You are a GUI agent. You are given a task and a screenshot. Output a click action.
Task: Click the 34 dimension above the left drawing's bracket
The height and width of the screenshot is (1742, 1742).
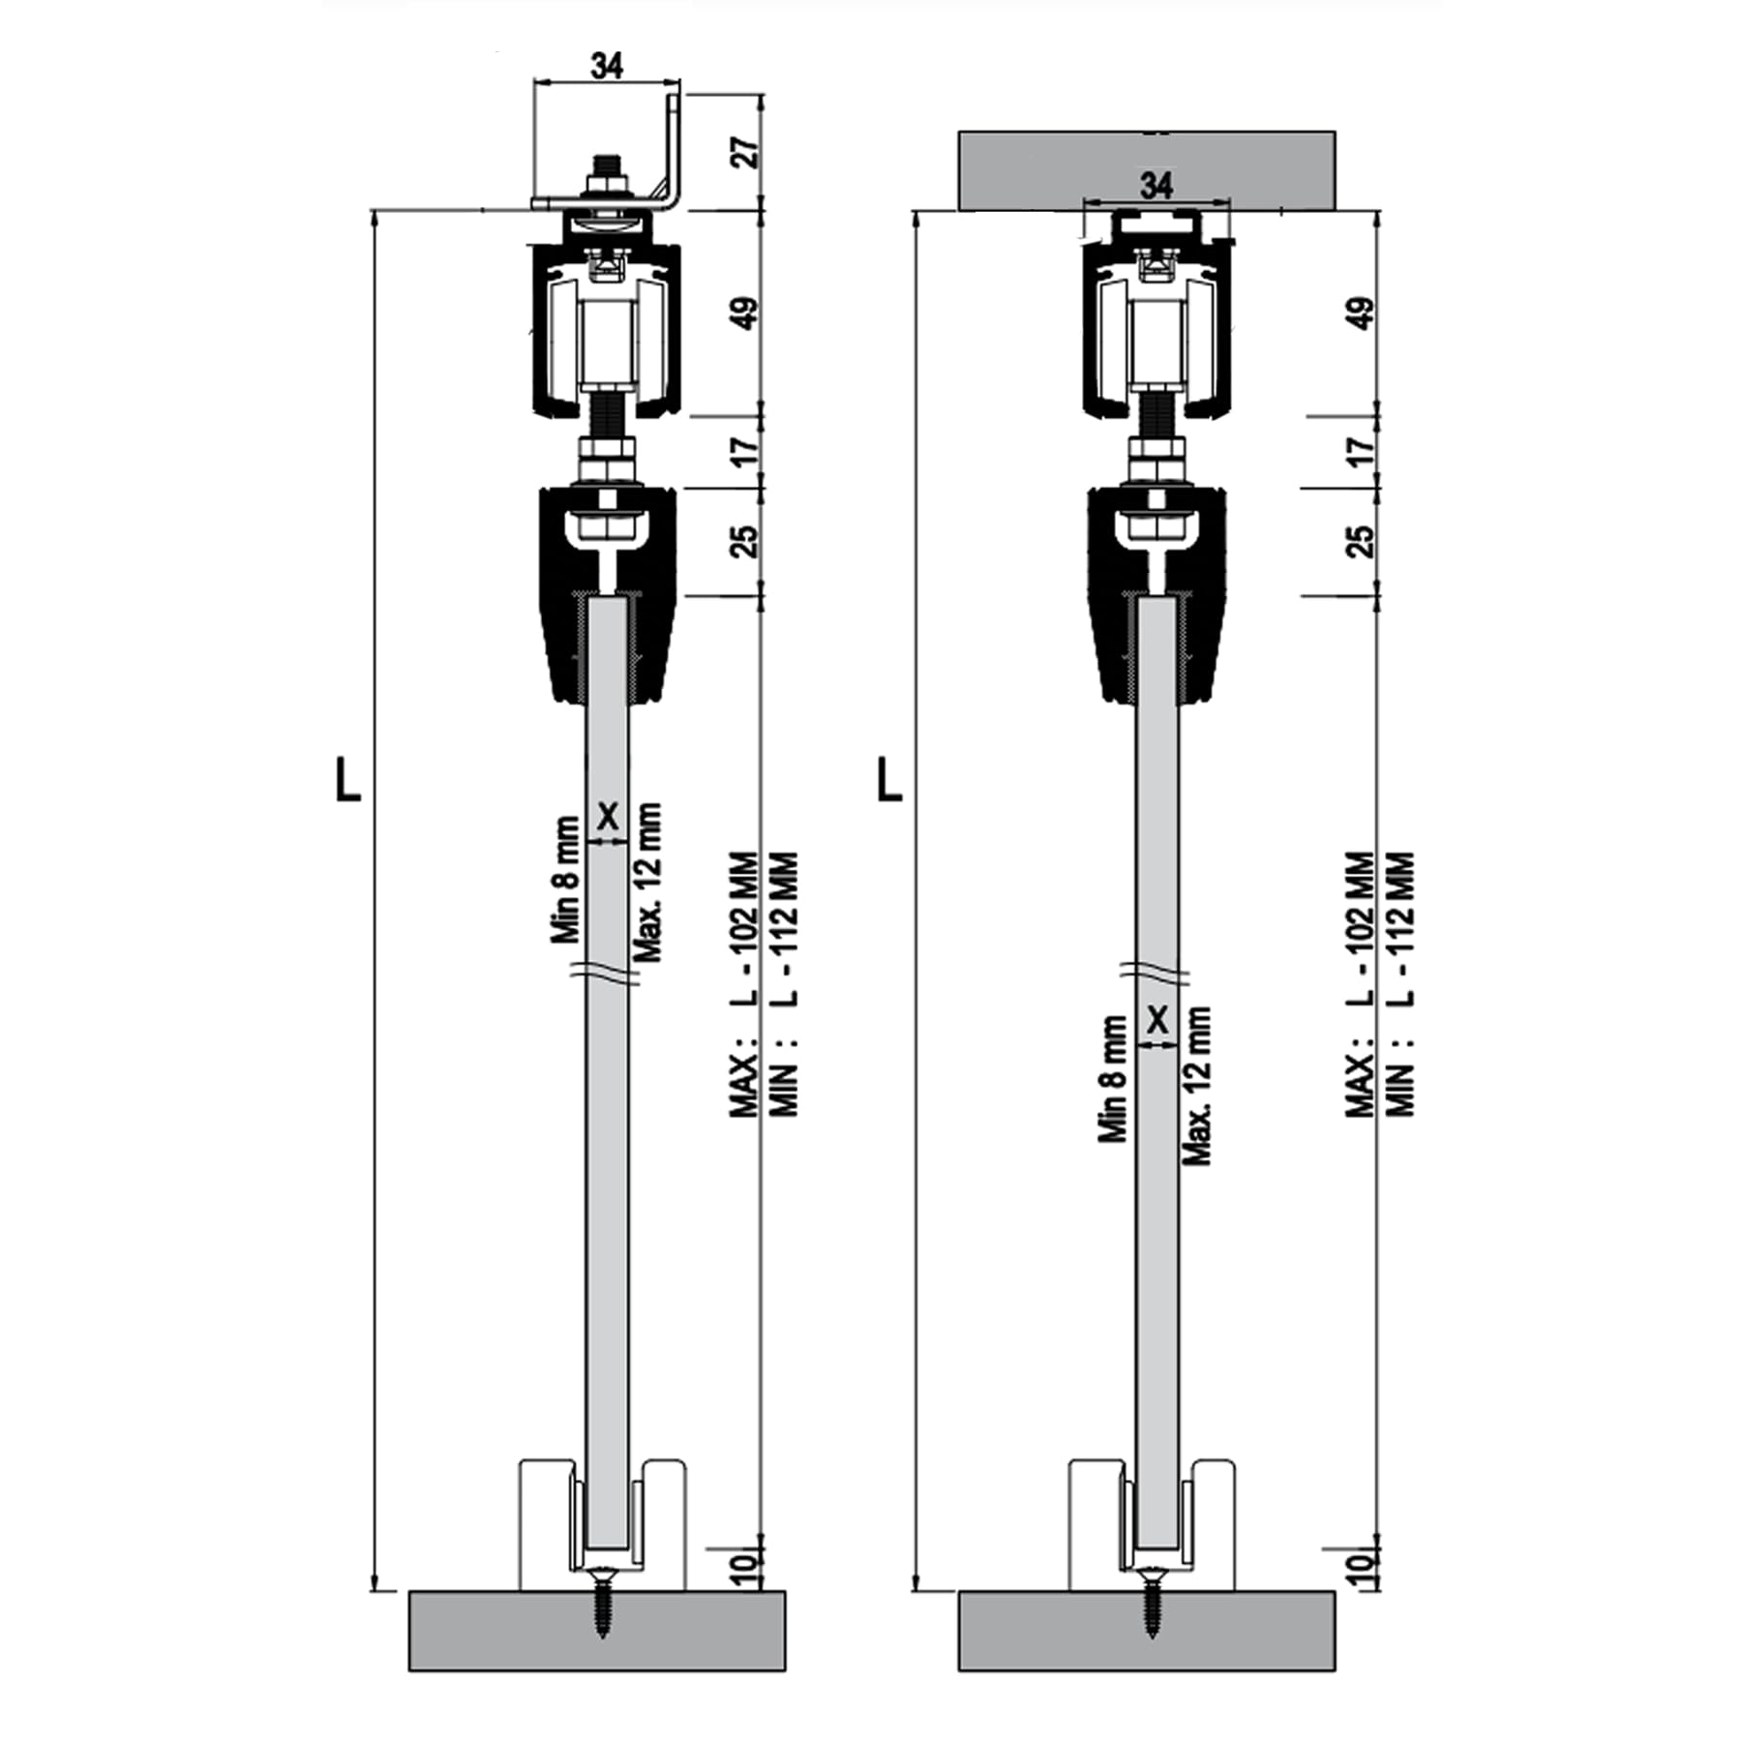(607, 66)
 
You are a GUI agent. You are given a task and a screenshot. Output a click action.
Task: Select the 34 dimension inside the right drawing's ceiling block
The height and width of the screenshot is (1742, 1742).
(1156, 184)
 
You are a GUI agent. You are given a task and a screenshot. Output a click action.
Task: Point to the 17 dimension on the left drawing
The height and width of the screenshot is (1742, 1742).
(745, 450)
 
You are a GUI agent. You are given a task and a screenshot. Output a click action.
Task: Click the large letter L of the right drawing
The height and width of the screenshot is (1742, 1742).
(888, 779)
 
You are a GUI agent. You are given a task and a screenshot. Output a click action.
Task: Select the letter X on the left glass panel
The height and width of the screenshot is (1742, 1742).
(607, 816)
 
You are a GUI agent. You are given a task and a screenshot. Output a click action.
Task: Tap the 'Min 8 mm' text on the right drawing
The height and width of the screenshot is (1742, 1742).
(1113, 1079)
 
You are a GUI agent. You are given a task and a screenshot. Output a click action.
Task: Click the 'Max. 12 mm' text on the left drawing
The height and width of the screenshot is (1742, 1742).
(647, 881)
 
